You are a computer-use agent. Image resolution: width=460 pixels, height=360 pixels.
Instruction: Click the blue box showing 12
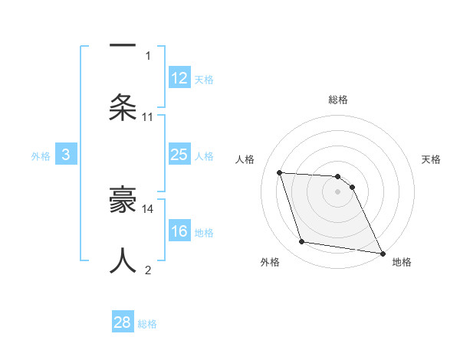click(x=179, y=78)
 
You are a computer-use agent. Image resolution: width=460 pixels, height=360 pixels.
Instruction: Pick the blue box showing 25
click(x=179, y=155)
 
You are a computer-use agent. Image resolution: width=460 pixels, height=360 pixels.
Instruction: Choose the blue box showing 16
click(x=179, y=232)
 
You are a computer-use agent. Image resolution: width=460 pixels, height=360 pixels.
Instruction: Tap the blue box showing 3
click(x=66, y=155)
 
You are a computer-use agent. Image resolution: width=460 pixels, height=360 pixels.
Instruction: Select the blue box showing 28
click(x=123, y=322)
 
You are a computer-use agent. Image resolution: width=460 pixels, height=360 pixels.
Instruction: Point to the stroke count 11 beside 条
click(x=148, y=117)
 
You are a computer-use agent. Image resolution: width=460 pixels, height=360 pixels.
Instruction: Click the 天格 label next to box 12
click(x=204, y=80)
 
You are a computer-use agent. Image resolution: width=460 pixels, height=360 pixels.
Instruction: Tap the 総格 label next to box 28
click(x=147, y=324)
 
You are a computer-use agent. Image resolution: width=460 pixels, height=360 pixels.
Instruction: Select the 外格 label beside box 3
click(x=41, y=156)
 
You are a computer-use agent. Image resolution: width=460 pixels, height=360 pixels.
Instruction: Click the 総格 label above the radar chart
click(x=338, y=100)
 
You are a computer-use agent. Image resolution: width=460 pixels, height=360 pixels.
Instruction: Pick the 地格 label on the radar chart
click(x=402, y=263)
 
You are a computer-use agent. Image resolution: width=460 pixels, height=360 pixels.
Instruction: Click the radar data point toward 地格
click(x=382, y=253)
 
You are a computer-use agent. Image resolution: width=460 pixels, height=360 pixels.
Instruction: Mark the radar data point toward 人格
click(x=280, y=172)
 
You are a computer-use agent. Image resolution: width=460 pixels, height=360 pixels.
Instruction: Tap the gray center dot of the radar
click(x=338, y=192)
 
